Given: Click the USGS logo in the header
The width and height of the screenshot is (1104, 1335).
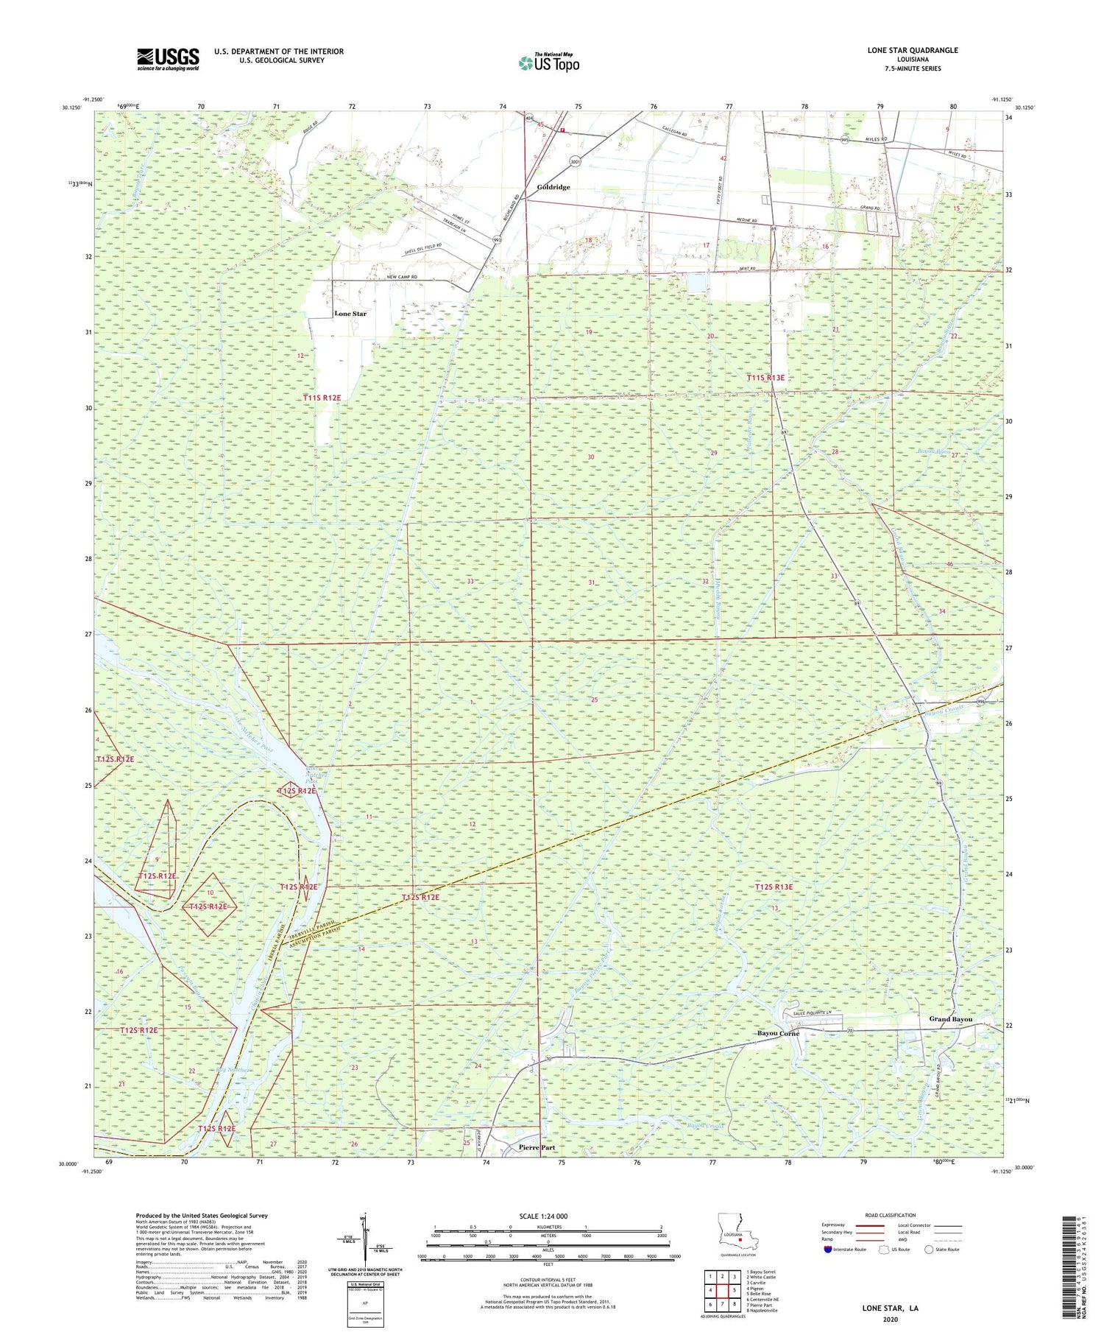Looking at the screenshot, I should click(x=168, y=59).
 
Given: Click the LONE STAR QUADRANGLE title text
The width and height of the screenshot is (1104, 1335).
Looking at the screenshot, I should click(x=913, y=50).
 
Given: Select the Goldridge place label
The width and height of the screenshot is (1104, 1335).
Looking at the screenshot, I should click(x=553, y=187).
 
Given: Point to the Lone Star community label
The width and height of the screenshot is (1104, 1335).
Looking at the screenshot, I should click(x=350, y=314).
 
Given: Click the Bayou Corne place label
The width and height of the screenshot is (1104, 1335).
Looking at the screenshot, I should click(x=778, y=1033).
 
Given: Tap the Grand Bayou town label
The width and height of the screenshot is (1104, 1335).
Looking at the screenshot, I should click(x=950, y=1019).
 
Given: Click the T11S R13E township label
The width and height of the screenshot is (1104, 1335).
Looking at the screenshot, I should click(x=765, y=378).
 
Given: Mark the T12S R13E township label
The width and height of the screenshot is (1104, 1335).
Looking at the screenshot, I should click(x=774, y=887).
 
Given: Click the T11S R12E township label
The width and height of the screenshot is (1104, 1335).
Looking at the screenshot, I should click(x=322, y=398).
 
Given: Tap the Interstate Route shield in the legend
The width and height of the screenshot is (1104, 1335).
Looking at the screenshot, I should click(x=828, y=1250).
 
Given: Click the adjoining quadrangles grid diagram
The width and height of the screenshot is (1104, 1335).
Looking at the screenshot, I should click(x=721, y=1289).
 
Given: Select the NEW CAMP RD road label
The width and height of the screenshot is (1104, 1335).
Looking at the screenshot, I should click(x=403, y=277).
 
